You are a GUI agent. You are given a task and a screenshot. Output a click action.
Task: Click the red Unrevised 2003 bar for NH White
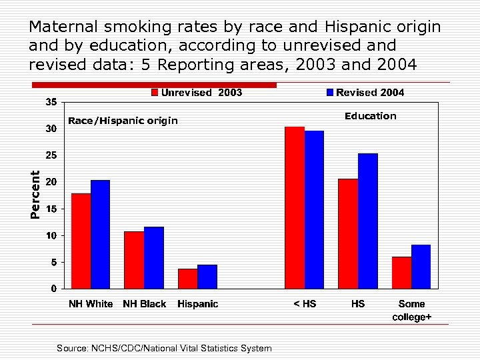click(x=81, y=241)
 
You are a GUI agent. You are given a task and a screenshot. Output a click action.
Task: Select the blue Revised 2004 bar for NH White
click(x=100, y=234)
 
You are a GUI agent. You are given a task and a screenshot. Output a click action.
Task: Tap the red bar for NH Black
click(x=134, y=260)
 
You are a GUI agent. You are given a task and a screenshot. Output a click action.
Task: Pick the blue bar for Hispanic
click(x=207, y=277)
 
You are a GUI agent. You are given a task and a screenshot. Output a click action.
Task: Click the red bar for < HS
click(x=294, y=207)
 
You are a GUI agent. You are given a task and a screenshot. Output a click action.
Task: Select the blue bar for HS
click(x=368, y=221)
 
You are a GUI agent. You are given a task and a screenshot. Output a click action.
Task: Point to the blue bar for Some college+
click(x=421, y=267)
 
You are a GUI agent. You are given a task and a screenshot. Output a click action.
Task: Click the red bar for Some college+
click(x=401, y=273)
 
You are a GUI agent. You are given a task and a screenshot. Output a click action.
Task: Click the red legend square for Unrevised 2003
click(x=155, y=93)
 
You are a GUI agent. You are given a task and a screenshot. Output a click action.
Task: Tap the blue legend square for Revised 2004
click(x=329, y=93)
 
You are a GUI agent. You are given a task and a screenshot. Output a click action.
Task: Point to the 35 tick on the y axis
click(x=51, y=102)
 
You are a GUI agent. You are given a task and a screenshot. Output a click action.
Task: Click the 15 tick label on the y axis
click(x=51, y=209)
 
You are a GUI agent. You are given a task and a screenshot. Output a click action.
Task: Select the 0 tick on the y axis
click(x=53, y=289)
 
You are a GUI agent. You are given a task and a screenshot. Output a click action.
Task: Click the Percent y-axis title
click(x=35, y=194)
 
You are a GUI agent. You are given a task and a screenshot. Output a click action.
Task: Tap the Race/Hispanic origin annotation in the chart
click(x=123, y=121)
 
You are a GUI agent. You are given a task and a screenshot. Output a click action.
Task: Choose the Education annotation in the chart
click(x=370, y=116)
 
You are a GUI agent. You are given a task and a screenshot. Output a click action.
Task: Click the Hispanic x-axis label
click(x=197, y=304)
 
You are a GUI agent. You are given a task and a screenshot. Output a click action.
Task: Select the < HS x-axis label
click(x=305, y=304)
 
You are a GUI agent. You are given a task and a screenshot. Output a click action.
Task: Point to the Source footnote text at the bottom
click(x=164, y=348)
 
